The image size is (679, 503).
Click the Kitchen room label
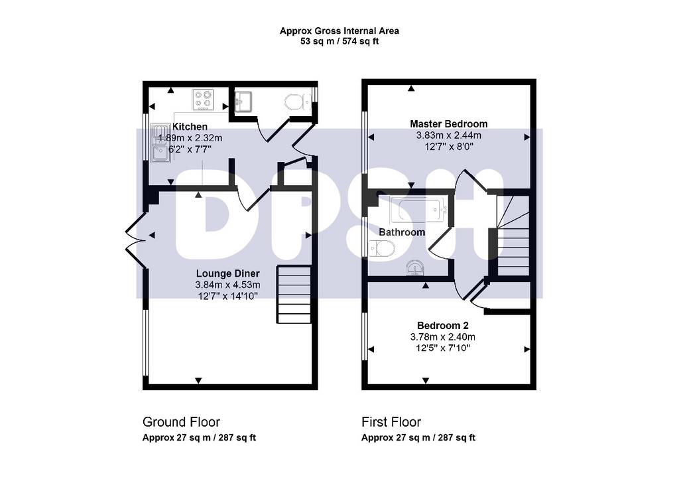click(190, 127)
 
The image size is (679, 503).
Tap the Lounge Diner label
click(228, 273)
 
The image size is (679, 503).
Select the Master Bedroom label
click(449, 124)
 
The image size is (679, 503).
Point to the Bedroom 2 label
click(442, 325)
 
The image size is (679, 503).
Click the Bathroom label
click(402, 232)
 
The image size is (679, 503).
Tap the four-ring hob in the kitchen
click(203, 100)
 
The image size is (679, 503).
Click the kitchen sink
click(160, 143)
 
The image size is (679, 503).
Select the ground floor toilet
click(296, 103)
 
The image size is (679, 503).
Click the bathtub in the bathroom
click(419, 209)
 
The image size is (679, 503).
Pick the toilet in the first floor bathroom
click(383, 249)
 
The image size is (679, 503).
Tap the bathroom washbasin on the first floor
click(416, 268)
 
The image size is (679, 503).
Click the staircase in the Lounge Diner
click(294, 294)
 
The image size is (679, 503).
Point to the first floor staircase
click(513, 236)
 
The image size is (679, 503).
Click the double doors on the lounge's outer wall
click(135, 239)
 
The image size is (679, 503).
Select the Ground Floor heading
click(181, 422)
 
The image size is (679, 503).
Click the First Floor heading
click(391, 422)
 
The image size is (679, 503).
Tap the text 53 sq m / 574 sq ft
click(339, 42)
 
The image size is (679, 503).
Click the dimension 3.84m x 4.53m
click(228, 285)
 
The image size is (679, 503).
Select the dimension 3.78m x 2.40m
click(442, 336)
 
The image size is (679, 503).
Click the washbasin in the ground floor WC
click(243, 102)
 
